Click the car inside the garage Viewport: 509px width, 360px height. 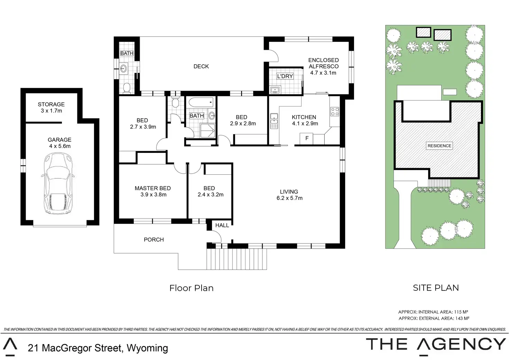(x=58, y=183)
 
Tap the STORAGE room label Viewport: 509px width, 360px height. (x=51, y=104)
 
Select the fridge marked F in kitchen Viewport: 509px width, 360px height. (x=306, y=139)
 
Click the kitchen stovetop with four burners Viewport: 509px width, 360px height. (x=335, y=112)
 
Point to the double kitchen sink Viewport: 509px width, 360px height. (x=274, y=121)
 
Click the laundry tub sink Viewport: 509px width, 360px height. (x=275, y=90)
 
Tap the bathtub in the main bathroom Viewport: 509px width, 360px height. (x=201, y=102)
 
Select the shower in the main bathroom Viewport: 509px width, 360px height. (x=207, y=131)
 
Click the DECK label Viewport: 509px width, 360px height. (x=201, y=66)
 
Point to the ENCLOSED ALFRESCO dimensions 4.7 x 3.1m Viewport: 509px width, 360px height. (x=323, y=73)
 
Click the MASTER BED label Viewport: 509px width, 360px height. (x=153, y=188)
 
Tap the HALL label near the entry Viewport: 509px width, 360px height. (x=222, y=225)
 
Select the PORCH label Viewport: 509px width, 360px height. (x=154, y=240)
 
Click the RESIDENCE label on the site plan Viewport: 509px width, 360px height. (x=439, y=146)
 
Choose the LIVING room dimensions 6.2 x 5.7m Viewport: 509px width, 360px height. (x=289, y=198)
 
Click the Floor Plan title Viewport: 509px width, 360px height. (x=191, y=288)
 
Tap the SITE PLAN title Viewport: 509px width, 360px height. (x=436, y=288)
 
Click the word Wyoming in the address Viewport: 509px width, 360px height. (x=147, y=348)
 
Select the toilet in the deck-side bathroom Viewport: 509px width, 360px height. (x=127, y=88)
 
